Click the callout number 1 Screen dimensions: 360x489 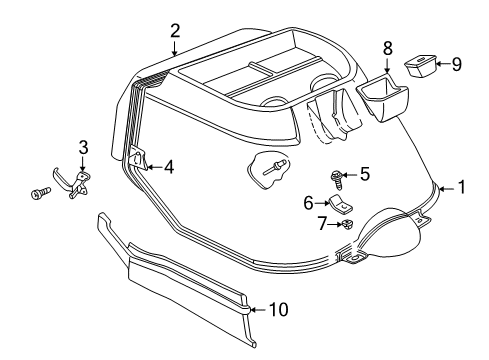[462, 186]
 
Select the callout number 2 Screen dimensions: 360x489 [175, 30]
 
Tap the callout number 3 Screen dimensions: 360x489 [84, 147]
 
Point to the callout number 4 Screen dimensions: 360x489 [168, 166]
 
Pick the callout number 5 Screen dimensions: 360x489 [365, 174]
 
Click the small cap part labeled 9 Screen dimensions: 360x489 [422, 68]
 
